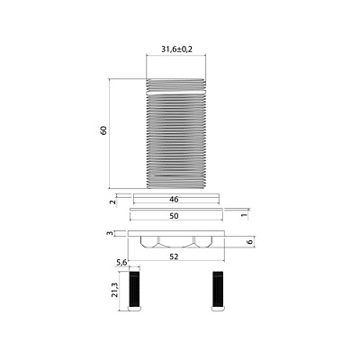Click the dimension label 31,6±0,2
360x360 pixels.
coord(176,49)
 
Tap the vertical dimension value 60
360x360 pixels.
coord(103,130)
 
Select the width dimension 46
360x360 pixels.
coord(174,199)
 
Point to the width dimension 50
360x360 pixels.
coord(174,216)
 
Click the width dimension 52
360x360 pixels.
coord(174,256)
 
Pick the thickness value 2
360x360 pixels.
coord(112,202)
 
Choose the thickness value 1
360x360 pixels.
coord(244,214)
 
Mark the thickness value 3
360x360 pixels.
coord(110,233)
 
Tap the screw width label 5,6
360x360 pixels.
coord(121,263)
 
